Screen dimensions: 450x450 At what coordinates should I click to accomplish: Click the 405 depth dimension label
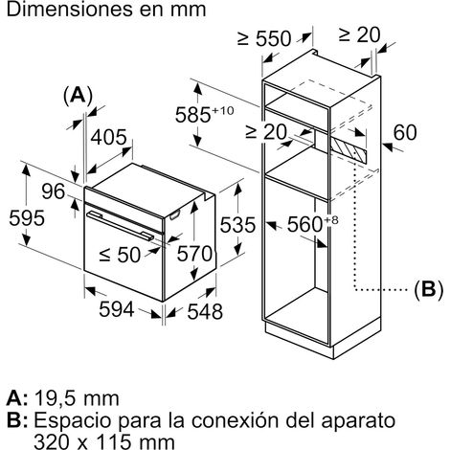point(109,138)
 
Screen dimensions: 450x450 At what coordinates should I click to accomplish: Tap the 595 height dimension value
point(27,218)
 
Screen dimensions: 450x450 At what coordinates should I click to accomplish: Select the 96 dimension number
point(54,191)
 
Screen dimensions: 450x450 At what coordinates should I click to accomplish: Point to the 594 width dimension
point(117,309)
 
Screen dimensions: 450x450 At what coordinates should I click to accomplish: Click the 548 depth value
point(205,311)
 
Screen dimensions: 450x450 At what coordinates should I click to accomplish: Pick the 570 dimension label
point(194,254)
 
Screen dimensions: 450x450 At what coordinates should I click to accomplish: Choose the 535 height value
point(237,224)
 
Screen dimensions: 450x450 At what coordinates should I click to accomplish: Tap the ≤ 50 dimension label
point(120,255)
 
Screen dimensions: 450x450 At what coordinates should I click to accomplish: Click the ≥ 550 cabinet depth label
point(264,38)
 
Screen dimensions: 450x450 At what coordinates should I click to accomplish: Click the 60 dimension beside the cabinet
point(405,132)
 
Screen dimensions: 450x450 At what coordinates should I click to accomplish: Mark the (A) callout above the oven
point(78,95)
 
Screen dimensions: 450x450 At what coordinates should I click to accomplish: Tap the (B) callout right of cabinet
point(429,290)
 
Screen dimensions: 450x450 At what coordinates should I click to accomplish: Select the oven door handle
point(120,226)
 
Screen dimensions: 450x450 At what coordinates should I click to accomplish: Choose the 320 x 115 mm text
point(104,442)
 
